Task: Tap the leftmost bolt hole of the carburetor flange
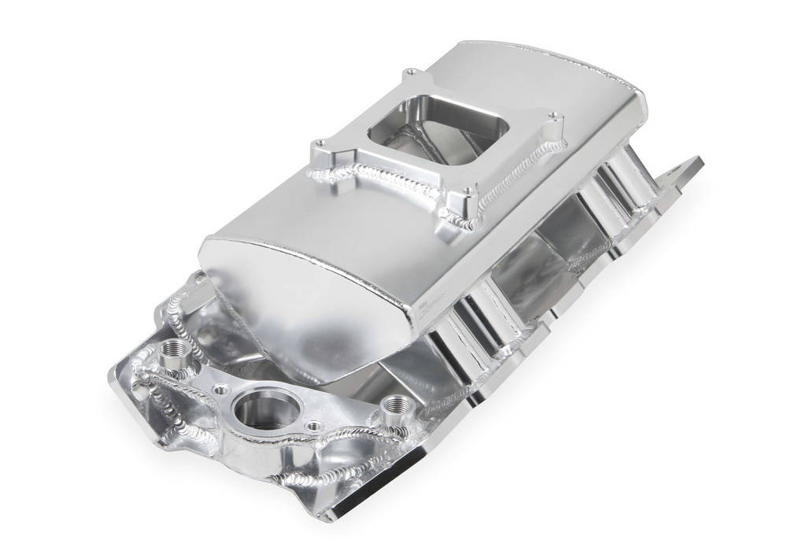321,143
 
